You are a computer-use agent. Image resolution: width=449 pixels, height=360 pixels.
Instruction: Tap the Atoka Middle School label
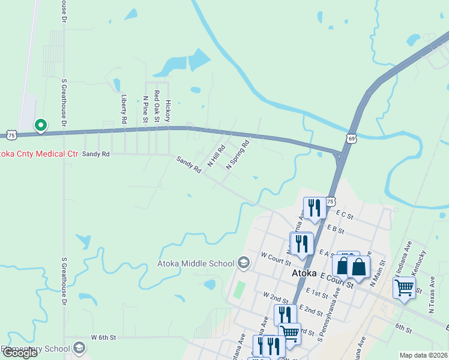(195, 263)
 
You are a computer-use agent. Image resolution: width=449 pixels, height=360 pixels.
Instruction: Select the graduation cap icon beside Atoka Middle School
(244, 263)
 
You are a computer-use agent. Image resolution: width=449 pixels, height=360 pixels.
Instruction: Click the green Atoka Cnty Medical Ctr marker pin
(41, 125)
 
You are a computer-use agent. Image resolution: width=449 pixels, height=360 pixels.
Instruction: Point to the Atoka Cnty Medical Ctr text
(39, 154)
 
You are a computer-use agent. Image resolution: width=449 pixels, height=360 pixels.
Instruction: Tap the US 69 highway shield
(351, 139)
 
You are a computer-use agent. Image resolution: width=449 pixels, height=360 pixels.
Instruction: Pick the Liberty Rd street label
(124, 109)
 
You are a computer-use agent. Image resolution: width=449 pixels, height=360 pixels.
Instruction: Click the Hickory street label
(168, 110)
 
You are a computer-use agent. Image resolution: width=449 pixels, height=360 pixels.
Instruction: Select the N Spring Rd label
(237, 154)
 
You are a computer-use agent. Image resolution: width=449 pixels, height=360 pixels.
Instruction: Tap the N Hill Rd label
(216, 155)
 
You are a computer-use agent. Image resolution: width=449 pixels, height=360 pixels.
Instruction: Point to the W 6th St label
(103, 338)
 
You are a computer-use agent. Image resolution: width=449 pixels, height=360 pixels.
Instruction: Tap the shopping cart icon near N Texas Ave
(404, 288)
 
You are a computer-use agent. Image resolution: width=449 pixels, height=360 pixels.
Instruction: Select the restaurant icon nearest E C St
(315, 208)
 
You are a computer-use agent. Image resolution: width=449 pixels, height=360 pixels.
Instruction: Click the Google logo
(20, 353)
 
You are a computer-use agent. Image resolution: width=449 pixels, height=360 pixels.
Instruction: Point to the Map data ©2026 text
(423, 355)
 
